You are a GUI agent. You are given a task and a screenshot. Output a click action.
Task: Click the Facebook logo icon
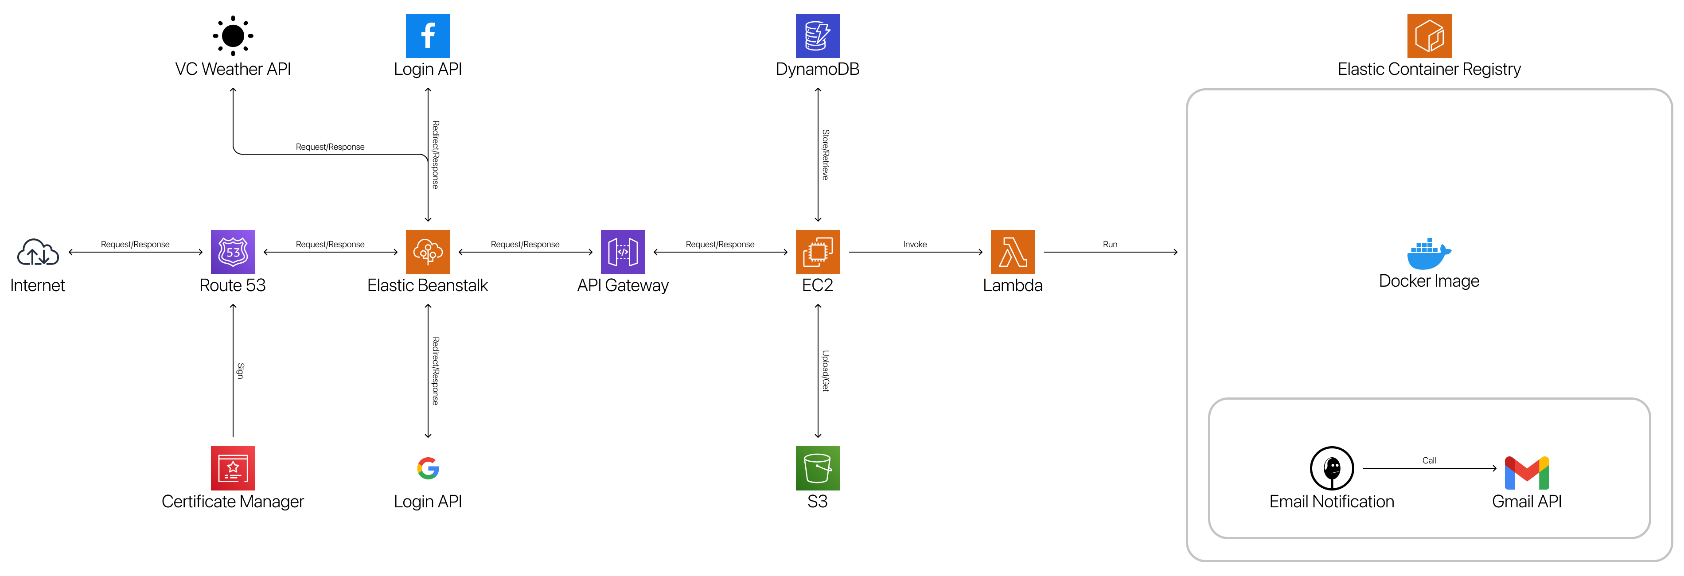click(x=428, y=36)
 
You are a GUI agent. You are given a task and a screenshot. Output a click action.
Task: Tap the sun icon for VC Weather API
click(x=233, y=36)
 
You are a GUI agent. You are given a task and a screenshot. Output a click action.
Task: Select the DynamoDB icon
click(x=817, y=36)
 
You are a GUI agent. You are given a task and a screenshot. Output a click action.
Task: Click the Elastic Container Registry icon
click(x=1429, y=36)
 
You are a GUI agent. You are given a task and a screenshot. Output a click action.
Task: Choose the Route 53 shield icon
click(x=233, y=252)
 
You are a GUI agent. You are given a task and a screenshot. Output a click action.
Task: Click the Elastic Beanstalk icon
click(x=428, y=252)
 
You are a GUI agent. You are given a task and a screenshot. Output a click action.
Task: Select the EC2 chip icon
click(x=817, y=252)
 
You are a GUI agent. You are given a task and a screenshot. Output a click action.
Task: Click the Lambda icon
click(x=1013, y=252)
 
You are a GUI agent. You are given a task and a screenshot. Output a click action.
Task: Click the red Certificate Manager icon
click(x=233, y=468)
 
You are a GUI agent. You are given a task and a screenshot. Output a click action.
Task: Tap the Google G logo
click(x=428, y=468)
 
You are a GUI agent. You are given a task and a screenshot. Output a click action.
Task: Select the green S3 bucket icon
click(x=817, y=468)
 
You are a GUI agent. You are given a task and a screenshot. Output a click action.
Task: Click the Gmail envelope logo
click(x=1526, y=473)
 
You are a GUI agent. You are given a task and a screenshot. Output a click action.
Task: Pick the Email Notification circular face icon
click(x=1332, y=468)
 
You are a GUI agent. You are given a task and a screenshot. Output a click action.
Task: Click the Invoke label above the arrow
click(x=915, y=245)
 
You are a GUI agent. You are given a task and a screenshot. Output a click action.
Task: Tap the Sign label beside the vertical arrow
click(x=240, y=371)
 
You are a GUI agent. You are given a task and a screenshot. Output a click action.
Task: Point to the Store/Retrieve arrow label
click(x=825, y=155)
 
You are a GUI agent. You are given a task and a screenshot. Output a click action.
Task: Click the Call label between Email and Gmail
click(x=1429, y=460)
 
